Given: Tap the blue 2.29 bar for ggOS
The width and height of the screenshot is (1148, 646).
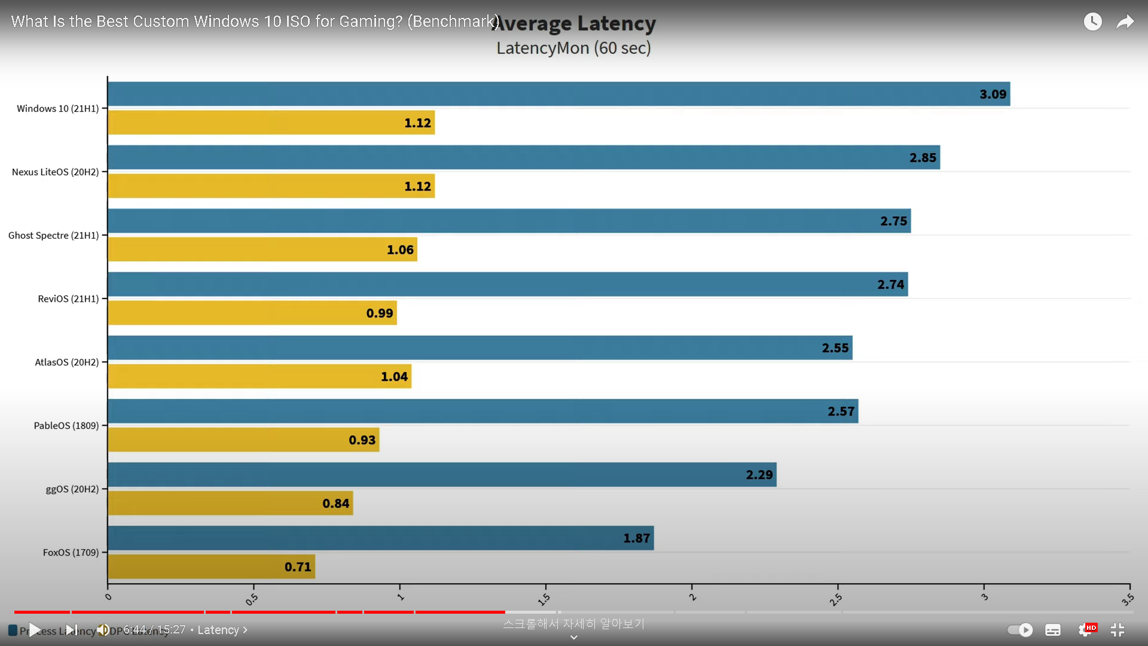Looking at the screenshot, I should click(442, 474).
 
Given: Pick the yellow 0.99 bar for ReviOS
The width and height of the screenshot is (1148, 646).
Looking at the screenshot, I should click(252, 313).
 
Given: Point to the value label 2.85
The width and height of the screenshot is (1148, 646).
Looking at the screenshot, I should click(923, 158).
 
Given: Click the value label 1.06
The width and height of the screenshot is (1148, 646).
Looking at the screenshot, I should click(400, 250).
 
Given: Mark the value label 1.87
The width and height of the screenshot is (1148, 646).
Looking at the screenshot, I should click(636, 538).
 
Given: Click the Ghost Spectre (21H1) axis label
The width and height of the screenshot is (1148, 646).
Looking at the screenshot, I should click(53, 236).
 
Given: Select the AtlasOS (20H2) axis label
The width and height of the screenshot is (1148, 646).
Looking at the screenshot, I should click(66, 362).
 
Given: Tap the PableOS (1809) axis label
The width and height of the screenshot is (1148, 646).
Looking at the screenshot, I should click(66, 426).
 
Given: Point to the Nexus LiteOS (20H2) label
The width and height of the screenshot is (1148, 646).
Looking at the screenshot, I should click(55, 172).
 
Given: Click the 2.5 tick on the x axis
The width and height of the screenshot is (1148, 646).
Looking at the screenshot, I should click(836, 598).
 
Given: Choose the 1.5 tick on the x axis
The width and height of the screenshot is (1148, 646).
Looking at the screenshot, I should click(544, 598).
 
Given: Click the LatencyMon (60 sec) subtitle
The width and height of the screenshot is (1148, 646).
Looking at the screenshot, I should click(573, 48).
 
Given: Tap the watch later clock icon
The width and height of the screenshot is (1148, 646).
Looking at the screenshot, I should click(1092, 22).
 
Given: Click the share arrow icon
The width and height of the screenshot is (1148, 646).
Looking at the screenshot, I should click(1125, 22).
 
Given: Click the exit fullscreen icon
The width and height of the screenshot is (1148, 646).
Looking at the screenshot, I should click(1117, 630).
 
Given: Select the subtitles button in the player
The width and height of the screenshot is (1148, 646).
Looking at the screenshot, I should click(1053, 630).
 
